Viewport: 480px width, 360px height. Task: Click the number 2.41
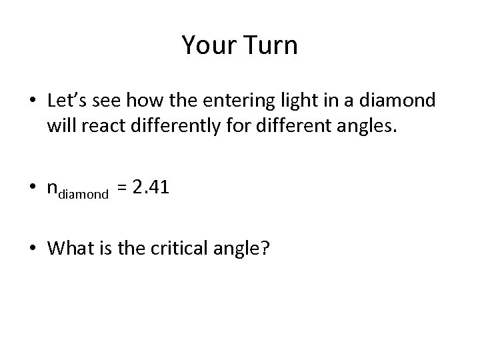pos(151,188)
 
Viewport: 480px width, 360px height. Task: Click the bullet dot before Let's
pos(32,101)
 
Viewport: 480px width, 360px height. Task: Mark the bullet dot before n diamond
pos(32,190)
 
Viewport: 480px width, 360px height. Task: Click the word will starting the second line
pos(60,126)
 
